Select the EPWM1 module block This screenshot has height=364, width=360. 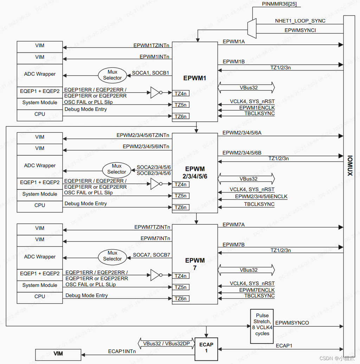[195, 78]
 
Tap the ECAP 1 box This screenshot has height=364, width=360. [206, 347]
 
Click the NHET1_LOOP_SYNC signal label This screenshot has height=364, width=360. [300, 21]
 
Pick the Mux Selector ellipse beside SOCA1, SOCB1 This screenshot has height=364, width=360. [112, 75]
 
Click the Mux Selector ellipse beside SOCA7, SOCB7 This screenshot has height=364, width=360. [112, 256]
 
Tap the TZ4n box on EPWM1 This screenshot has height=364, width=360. [181, 93]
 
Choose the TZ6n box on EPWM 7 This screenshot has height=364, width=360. [181, 299]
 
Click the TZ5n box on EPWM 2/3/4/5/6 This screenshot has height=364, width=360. [181, 196]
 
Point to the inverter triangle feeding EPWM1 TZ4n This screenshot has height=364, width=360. [155, 93]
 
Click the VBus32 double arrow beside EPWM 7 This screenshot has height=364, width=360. [246, 270]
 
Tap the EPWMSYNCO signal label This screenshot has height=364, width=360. [292, 322]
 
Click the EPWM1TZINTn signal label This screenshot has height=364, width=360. [151, 45]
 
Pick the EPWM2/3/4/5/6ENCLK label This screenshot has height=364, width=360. [261, 196]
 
